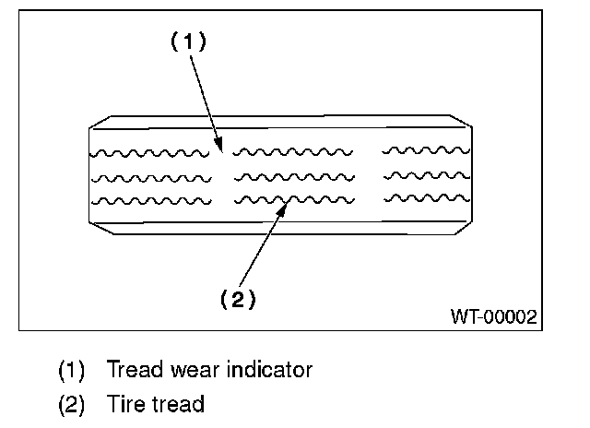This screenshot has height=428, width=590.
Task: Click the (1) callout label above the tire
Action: (188, 42)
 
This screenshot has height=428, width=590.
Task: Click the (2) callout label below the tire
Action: (237, 299)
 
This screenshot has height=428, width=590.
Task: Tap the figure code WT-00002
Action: (494, 317)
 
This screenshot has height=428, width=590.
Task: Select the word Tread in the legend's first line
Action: (135, 371)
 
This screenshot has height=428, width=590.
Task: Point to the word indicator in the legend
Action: (271, 371)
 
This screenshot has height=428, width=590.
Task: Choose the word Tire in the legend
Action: (127, 404)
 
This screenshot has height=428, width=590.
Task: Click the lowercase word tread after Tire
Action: (179, 404)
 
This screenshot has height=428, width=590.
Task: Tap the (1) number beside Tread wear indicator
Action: (72, 371)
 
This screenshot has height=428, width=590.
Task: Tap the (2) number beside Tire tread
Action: (72, 404)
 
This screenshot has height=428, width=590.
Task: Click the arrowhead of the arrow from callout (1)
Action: (220, 145)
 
